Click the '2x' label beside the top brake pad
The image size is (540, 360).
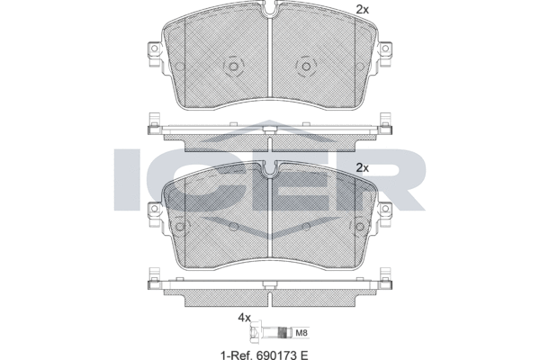click(362, 10)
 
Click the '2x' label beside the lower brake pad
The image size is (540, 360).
click(362, 168)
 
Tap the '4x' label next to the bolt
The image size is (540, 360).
click(245, 318)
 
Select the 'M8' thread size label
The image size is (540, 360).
click(301, 333)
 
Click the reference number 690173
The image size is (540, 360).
click(270, 355)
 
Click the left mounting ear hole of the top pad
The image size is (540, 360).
click(154, 48)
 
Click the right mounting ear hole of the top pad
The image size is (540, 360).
click(385, 48)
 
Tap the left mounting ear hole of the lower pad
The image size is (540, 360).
click(154, 208)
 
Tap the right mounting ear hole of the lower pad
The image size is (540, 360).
click(385, 208)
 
